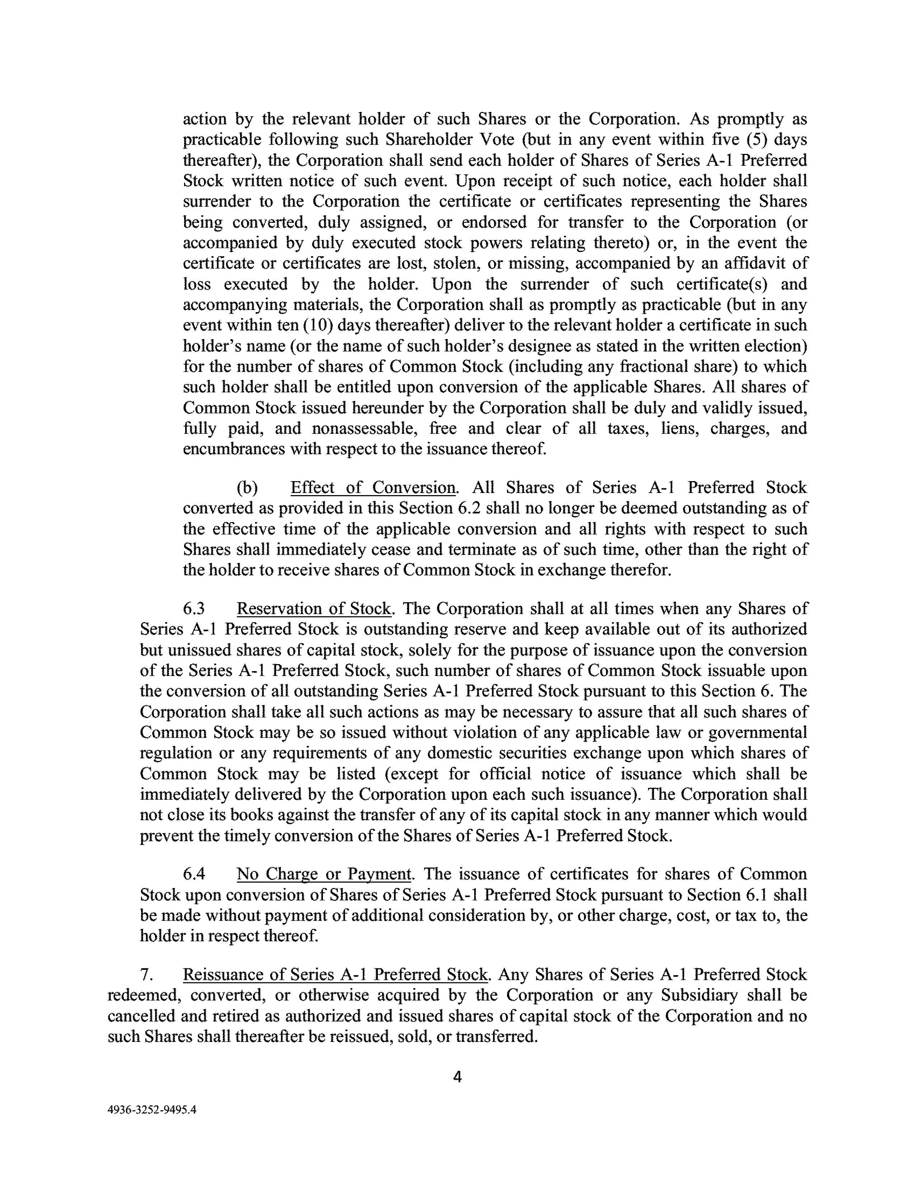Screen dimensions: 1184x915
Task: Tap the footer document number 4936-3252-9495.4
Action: pos(152,1109)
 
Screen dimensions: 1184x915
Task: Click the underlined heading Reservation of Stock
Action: pos(314,609)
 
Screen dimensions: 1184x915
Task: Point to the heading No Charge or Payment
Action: pos(324,874)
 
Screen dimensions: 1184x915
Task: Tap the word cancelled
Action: pos(142,1016)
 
